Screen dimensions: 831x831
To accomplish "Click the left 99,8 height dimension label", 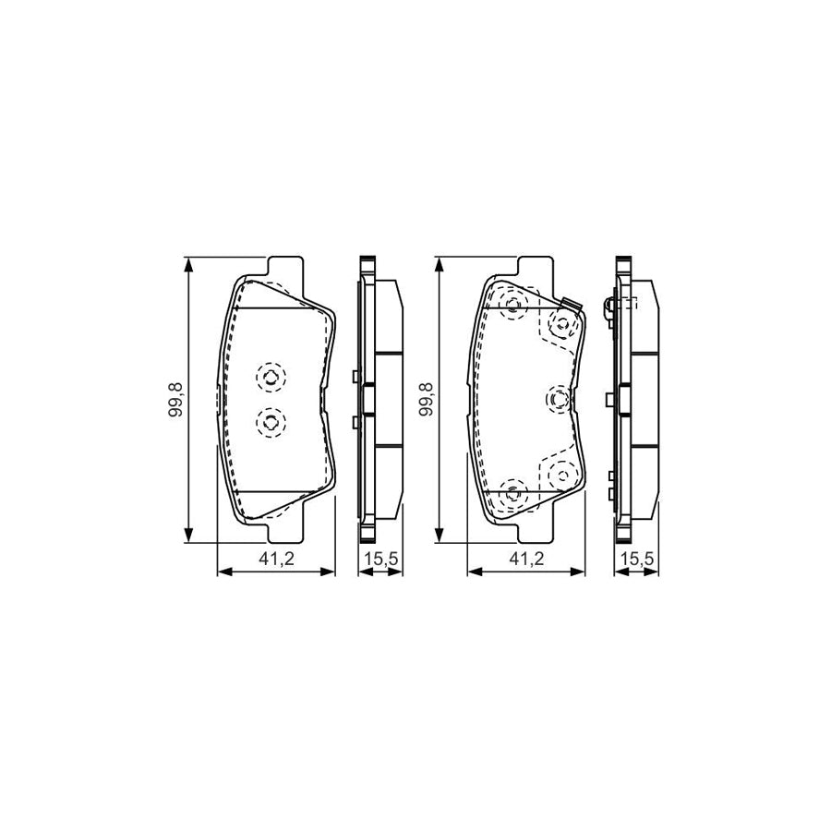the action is tap(175, 399).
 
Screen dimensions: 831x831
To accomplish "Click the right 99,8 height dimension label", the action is tap(426, 399).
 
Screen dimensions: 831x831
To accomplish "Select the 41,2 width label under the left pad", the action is tap(276, 559).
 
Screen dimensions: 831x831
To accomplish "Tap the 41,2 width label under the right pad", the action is tap(526, 559).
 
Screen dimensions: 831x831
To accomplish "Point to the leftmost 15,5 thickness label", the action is tap(380, 559).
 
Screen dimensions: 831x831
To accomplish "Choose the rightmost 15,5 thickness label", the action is tap(637, 559).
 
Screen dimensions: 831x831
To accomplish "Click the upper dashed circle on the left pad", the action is tap(271, 378).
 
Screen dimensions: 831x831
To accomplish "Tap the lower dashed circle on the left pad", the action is tap(271, 422).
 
